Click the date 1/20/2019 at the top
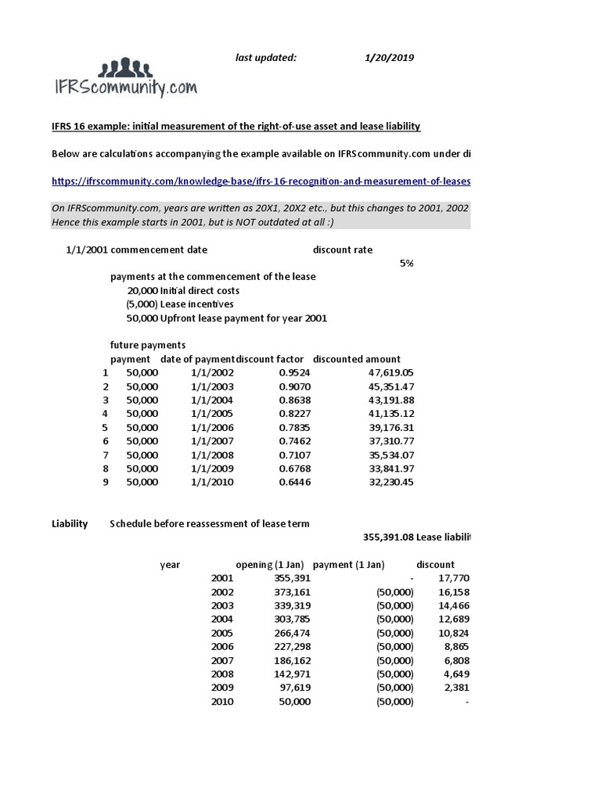pyautogui.click(x=389, y=58)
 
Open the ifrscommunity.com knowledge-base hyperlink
pyautogui.click(x=261, y=181)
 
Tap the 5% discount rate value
pyautogui.click(x=406, y=263)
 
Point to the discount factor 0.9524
pyautogui.click(x=295, y=373)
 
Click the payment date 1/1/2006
pyautogui.click(x=212, y=427)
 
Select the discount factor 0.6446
pyautogui.click(x=295, y=482)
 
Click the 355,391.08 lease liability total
pyautogui.click(x=388, y=537)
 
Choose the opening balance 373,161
pyautogui.click(x=294, y=592)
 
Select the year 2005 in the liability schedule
pyautogui.click(x=222, y=633)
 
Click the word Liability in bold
pyautogui.click(x=70, y=523)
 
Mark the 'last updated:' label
pyautogui.click(x=266, y=58)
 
